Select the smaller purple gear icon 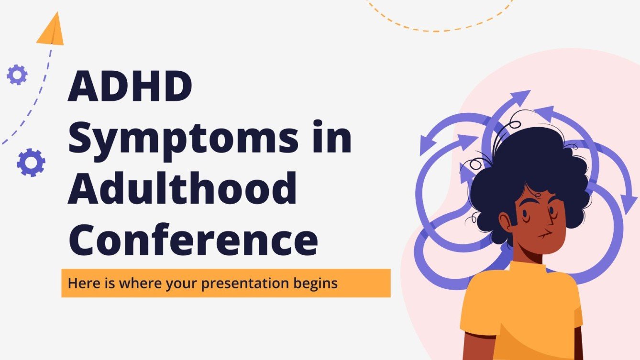coord(17,75)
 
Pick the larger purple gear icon coord(31,163)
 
